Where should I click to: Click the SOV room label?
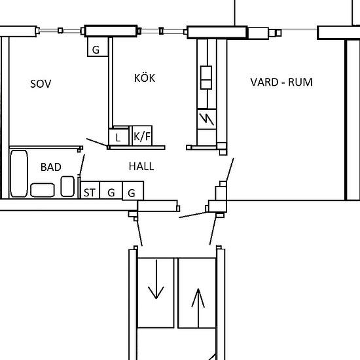(41, 84)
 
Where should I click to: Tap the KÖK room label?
(145, 78)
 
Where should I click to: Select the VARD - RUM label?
(281, 82)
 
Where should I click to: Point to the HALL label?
(141, 166)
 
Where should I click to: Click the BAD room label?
(51, 167)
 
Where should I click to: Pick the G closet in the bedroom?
(98, 46)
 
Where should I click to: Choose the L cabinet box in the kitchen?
(118, 137)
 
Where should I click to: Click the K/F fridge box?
(142, 135)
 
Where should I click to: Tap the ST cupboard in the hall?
(90, 190)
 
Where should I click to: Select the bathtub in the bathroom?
(19, 173)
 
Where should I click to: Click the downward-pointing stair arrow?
(156, 279)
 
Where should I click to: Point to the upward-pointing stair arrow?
(198, 308)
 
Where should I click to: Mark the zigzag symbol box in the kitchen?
(207, 119)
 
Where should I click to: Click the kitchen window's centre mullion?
(161, 31)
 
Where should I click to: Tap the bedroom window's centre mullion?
(60, 31)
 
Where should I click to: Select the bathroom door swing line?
(82, 165)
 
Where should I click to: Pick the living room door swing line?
(230, 170)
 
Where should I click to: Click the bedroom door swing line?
(97, 142)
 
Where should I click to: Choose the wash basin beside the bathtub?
(43, 190)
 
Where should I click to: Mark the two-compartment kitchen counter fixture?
(206, 78)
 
